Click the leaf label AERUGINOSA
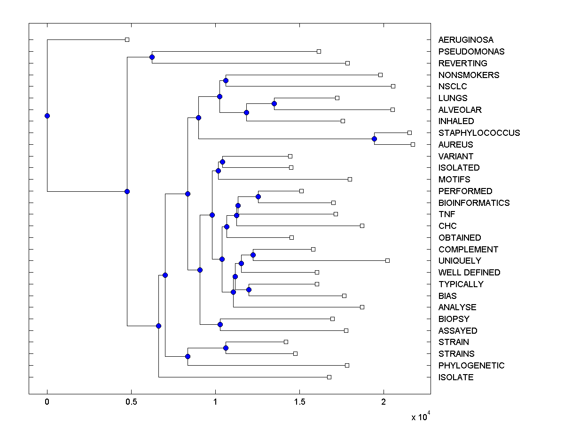[466, 40]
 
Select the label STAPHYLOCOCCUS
[479, 133]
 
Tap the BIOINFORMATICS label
[474, 203]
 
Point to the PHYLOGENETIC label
[471, 366]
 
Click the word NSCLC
[453, 86]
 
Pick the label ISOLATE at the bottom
[455, 377]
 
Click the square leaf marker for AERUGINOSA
[127, 39]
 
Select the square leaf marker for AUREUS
[413, 144]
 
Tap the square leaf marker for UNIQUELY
[387, 260]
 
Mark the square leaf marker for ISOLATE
[329, 377]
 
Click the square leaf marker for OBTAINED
[291, 237]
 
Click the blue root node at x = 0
[47, 116]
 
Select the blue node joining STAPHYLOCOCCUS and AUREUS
[374, 139]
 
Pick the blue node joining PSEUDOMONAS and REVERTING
[152, 57]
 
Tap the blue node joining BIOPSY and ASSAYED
[220, 324]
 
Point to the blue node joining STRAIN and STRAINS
[226, 348]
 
